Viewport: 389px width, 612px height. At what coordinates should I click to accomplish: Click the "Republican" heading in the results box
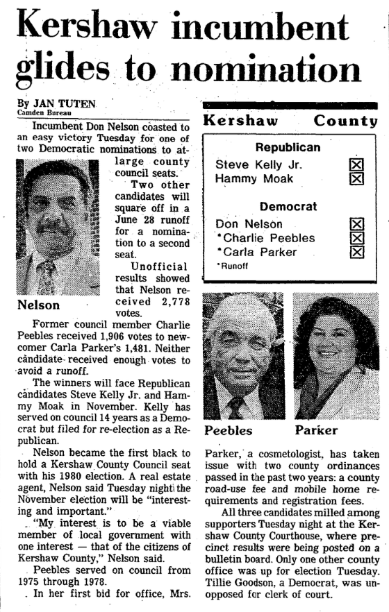(288, 148)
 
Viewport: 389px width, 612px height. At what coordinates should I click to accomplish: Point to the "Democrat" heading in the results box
(288, 207)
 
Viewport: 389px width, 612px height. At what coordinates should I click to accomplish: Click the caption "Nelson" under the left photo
(37, 304)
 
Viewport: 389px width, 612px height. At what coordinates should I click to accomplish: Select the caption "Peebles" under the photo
(229, 430)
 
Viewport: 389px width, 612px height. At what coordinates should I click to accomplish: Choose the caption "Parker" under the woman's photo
(316, 430)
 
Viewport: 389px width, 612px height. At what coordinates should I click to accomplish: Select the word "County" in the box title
(345, 120)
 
